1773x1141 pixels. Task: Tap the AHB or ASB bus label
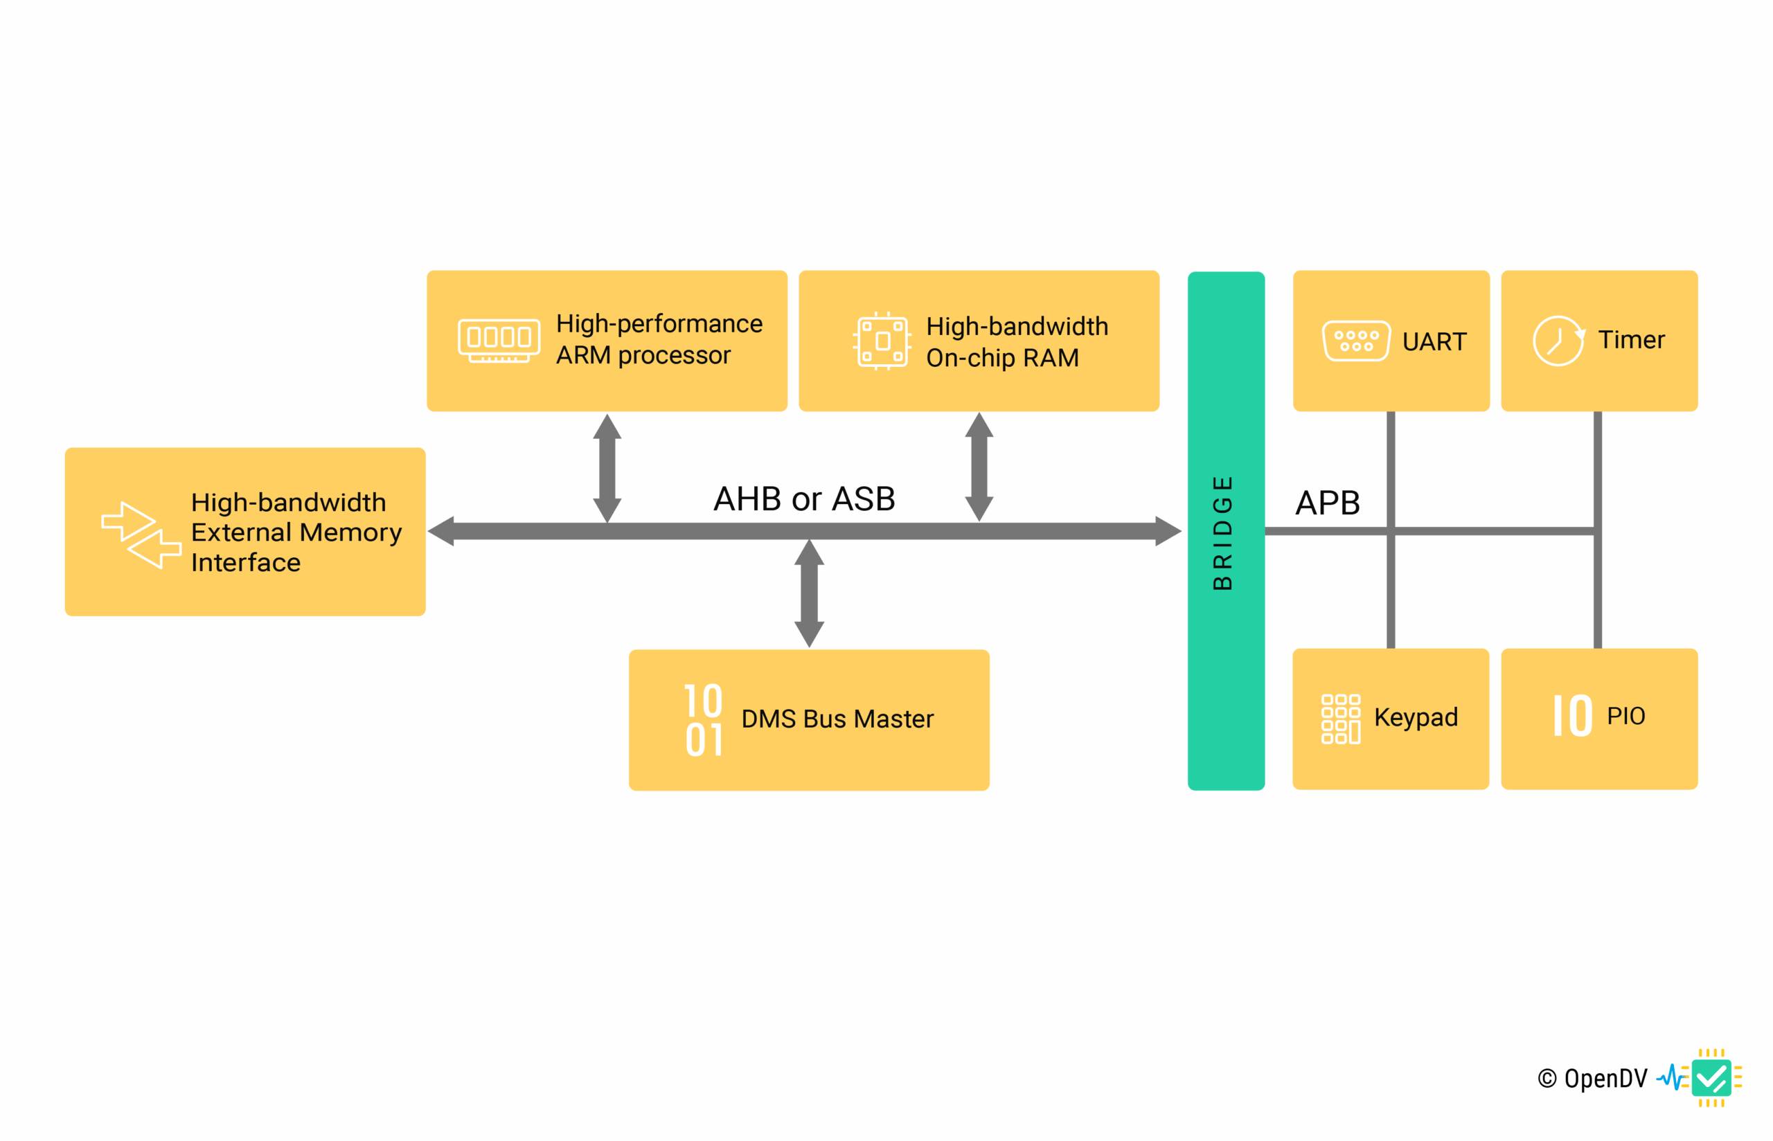(x=804, y=498)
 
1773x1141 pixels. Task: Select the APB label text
(x=1327, y=503)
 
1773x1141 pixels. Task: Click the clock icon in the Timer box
(x=1558, y=341)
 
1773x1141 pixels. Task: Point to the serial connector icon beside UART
(x=1355, y=341)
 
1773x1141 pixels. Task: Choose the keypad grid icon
(x=1339, y=719)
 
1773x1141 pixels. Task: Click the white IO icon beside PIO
(x=1571, y=716)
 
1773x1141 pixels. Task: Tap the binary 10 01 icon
(x=703, y=719)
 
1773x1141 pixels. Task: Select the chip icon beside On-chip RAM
(x=882, y=341)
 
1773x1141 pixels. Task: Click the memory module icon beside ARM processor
(x=499, y=341)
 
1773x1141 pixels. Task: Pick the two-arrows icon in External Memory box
(x=141, y=535)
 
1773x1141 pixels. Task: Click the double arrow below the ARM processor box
(x=607, y=468)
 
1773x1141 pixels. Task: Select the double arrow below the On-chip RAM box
(x=979, y=467)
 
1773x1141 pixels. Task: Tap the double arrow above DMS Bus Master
(x=809, y=593)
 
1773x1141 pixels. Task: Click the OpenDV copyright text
(x=1592, y=1078)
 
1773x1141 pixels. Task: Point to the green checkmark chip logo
(x=1711, y=1077)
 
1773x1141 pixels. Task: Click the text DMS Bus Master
(x=837, y=719)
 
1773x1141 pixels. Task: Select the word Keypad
(x=1415, y=717)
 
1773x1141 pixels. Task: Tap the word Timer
(x=1631, y=340)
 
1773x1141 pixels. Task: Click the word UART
(x=1434, y=341)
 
